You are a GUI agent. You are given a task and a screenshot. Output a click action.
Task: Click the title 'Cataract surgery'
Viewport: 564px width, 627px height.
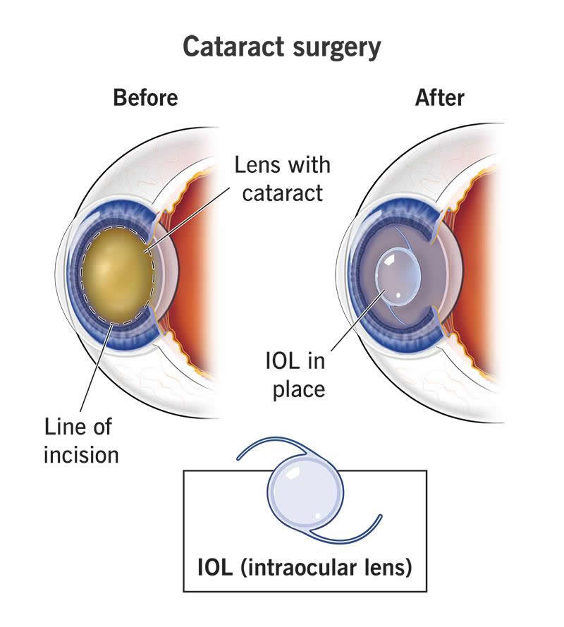click(282, 47)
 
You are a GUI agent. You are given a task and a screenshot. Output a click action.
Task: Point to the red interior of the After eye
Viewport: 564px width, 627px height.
click(486, 275)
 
